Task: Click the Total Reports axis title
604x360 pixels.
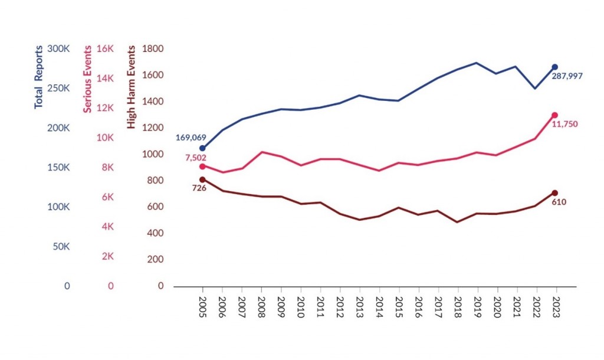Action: pos(39,77)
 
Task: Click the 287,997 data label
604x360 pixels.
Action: pos(572,76)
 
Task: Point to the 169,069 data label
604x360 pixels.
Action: pos(191,138)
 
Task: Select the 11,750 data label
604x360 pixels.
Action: pos(565,124)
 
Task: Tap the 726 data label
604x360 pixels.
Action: pos(198,188)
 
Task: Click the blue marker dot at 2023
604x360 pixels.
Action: pos(555,67)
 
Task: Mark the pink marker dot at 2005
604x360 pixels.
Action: pos(202,166)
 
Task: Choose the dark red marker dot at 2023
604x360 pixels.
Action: pos(555,193)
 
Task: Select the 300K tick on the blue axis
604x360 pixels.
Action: pos(58,49)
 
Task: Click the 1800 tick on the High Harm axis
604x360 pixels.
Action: pos(153,49)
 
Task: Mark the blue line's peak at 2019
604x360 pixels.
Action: pos(477,63)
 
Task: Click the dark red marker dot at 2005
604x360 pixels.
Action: pos(202,179)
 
